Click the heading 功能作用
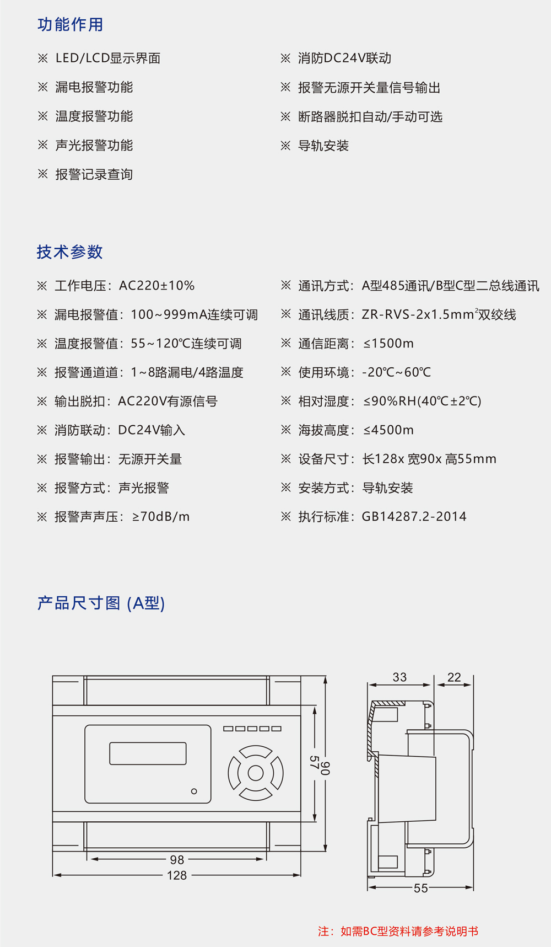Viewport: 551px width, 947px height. [x=70, y=25]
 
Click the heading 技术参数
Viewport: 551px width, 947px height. [x=70, y=252]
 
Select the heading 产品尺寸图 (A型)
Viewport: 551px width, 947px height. [x=101, y=603]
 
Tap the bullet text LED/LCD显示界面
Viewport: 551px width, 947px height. [x=108, y=58]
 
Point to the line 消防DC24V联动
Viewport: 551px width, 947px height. [x=344, y=58]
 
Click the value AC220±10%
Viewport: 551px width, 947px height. [x=157, y=286]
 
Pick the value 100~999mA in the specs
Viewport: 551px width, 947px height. [x=168, y=315]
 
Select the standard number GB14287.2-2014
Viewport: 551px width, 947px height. [x=414, y=517]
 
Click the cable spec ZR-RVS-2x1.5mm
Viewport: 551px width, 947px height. [x=419, y=315]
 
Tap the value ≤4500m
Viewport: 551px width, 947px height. [x=388, y=430]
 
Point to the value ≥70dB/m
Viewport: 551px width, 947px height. [x=161, y=517]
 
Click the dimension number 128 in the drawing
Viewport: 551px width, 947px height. [x=177, y=875]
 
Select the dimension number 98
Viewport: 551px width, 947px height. [x=177, y=860]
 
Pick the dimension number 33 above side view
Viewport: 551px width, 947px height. [x=399, y=677]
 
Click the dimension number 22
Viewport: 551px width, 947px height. [x=454, y=677]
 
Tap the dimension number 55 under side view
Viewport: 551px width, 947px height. [x=420, y=888]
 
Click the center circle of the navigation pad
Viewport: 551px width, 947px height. [x=256, y=773]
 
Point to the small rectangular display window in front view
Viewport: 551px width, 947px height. [x=148, y=753]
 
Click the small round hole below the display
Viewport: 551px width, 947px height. [x=194, y=791]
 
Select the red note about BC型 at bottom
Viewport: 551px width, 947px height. [x=398, y=932]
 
